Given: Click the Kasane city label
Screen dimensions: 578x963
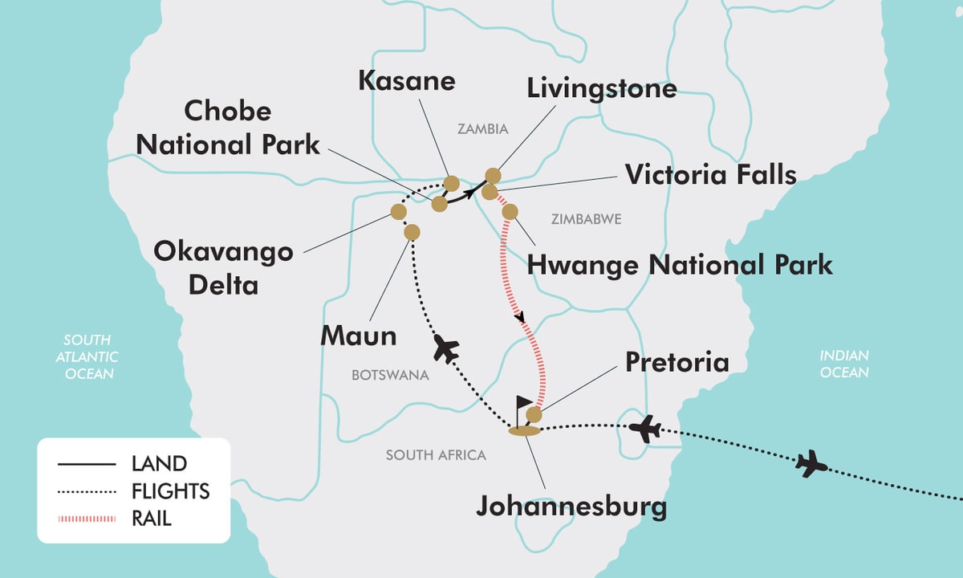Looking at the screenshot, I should (x=406, y=81).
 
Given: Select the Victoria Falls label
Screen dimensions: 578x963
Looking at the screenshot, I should (x=710, y=174).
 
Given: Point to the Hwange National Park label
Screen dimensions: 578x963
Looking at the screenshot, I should (x=679, y=264).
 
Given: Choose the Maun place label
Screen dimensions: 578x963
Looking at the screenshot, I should (x=358, y=336).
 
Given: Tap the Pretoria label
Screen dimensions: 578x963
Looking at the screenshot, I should (x=677, y=362).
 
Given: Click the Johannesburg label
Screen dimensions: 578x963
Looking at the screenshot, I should (x=571, y=507).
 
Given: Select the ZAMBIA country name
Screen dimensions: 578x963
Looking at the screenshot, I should (x=482, y=128).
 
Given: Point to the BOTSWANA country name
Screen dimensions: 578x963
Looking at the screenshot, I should (x=390, y=375).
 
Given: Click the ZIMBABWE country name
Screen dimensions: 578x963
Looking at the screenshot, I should (x=586, y=218).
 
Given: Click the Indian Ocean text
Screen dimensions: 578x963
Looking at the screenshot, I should (x=843, y=364).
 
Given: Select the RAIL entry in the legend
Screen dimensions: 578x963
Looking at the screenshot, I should (x=152, y=519).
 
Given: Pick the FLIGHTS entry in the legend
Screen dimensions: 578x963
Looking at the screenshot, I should (x=170, y=491).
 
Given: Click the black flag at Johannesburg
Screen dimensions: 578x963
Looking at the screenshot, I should (x=524, y=405).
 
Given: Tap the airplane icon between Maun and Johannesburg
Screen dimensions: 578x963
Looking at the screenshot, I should (x=445, y=349).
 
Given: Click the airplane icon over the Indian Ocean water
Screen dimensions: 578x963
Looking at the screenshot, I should (x=812, y=463).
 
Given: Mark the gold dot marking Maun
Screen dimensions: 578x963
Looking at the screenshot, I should (x=412, y=232).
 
